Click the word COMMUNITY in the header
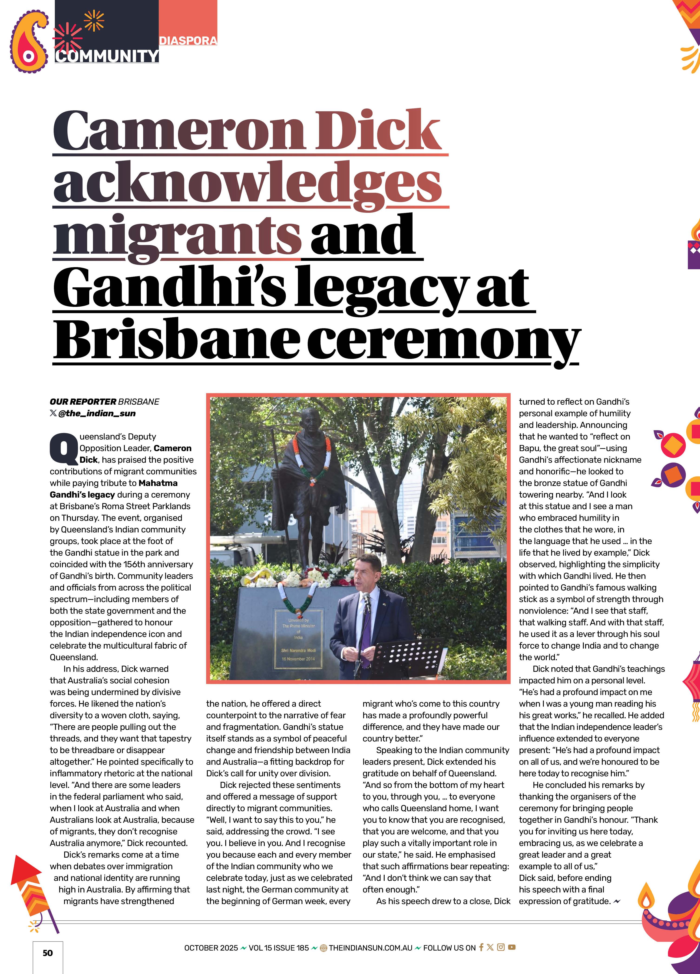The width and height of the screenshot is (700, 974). tap(107, 56)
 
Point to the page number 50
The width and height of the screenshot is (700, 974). tap(48, 953)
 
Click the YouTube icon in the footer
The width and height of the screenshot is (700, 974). tap(511, 947)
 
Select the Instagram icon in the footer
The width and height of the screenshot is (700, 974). tap(501, 947)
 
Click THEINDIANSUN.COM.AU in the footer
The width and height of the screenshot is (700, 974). tap(370, 948)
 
